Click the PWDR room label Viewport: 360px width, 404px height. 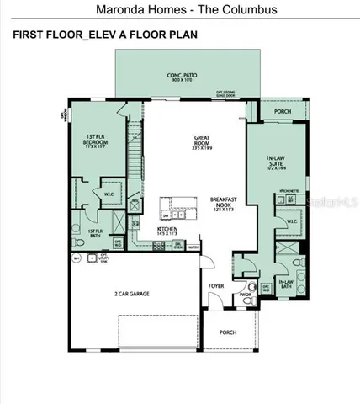click(x=245, y=295)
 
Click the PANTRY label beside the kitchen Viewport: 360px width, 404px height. click(x=193, y=247)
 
